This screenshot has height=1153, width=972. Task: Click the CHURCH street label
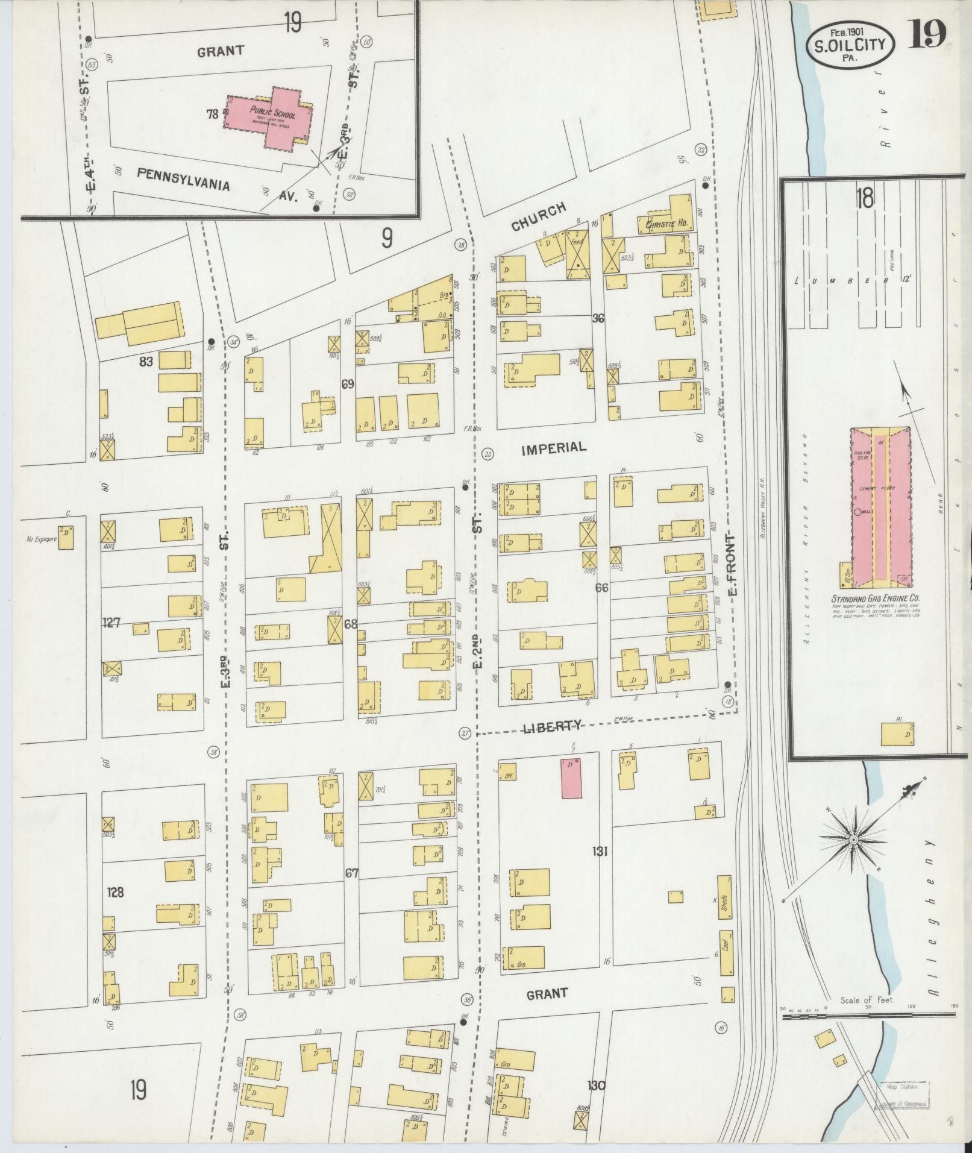tap(539, 216)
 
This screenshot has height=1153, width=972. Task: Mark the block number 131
tap(600, 852)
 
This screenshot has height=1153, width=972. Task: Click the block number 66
tap(601, 587)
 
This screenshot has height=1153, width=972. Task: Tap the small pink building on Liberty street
tap(571, 778)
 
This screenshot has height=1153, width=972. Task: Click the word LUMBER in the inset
tap(846, 280)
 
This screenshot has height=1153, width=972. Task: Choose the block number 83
tap(146, 362)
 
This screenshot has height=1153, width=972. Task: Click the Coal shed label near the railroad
tap(726, 941)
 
